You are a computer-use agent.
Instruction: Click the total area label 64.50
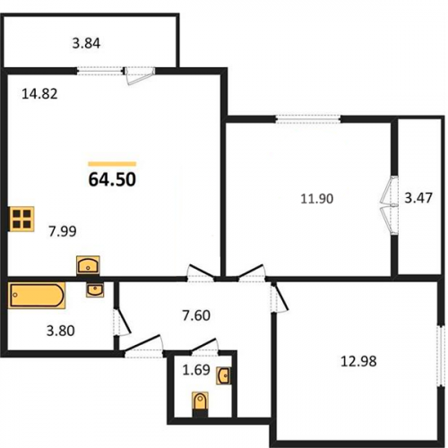click(112, 179)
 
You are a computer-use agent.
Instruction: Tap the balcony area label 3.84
click(86, 44)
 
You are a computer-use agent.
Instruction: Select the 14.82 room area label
click(39, 94)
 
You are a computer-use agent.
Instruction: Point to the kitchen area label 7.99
click(63, 231)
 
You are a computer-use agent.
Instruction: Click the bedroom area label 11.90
click(316, 199)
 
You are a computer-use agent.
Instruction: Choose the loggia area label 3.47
click(418, 198)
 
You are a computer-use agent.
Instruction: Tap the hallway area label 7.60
click(196, 315)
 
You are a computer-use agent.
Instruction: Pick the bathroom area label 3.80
click(60, 331)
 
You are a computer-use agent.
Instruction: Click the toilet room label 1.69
click(196, 370)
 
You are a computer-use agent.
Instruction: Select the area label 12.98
click(358, 362)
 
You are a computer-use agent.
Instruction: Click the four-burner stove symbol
click(22, 219)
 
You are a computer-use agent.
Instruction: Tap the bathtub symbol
click(37, 296)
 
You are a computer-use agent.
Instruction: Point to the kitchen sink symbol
click(88, 265)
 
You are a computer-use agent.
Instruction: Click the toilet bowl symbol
click(200, 403)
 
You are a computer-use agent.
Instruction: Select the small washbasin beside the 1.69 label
click(224, 375)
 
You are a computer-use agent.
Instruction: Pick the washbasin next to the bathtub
click(95, 290)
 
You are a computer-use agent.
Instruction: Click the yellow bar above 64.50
click(112, 164)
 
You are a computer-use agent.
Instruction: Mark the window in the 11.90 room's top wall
click(308, 119)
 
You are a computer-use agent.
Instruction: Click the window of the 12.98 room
click(440, 356)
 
